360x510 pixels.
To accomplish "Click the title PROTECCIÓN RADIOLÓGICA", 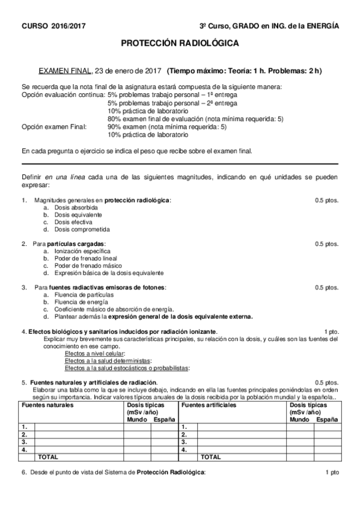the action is (180, 43).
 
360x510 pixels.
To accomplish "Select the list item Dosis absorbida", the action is (76, 207).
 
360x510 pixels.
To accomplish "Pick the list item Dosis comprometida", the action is (80, 229).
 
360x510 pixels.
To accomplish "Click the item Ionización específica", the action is (82, 251).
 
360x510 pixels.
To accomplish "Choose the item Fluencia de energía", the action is (79, 301).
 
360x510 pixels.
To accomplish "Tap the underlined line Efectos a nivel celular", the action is (94, 353).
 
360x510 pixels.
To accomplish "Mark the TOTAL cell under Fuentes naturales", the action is (48, 456).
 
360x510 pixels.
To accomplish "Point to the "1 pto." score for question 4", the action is (331, 331).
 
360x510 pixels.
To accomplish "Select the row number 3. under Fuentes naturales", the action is (25, 441).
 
